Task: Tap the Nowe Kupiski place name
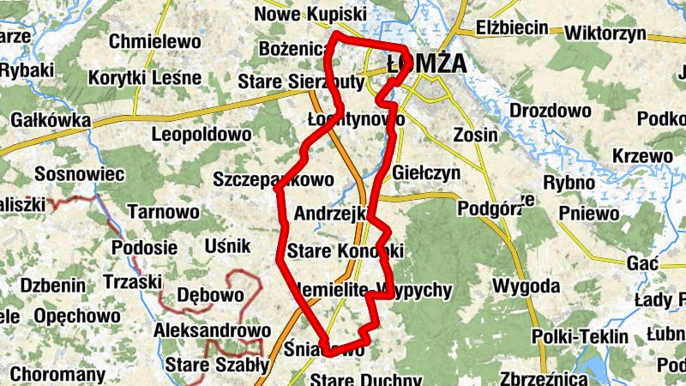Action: click(310, 15)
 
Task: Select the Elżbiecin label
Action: click(511, 28)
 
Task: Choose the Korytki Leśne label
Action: click(145, 78)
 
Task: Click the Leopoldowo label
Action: click(202, 135)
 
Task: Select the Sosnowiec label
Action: click(80, 175)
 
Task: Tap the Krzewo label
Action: click(643, 156)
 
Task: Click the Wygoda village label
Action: click(527, 285)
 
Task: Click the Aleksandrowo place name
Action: click(213, 330)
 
